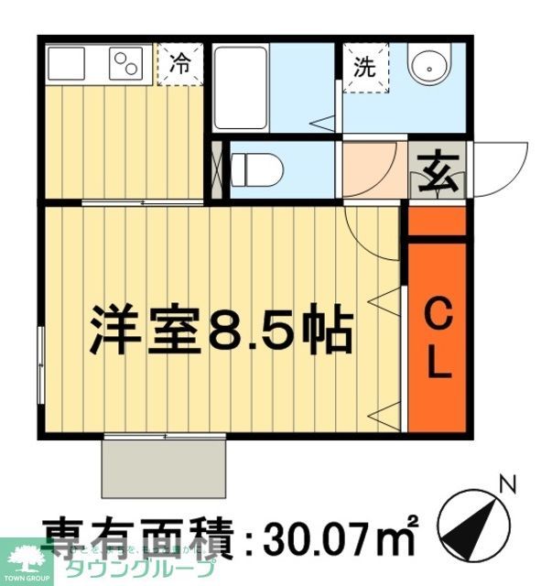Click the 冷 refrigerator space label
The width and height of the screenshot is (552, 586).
[179, 63]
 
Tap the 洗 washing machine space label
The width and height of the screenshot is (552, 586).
[364, 66]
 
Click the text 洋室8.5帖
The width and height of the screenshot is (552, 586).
[221, 331]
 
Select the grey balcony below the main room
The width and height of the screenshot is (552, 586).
[164, 467]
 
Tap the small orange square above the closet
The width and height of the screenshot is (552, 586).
[436, 221]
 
